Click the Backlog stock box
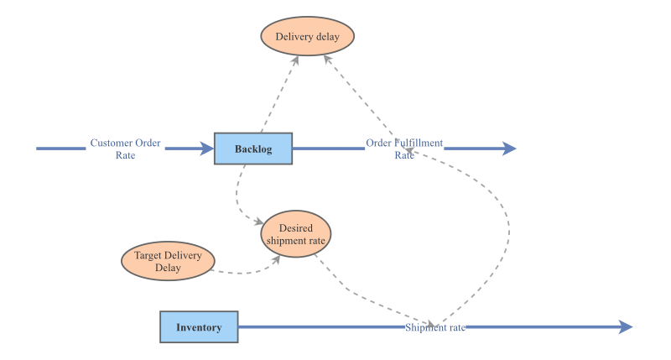253,149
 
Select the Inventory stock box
199,327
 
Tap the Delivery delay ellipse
307,36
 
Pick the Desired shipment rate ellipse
296,234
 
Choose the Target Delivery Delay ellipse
168,261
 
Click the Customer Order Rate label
125,149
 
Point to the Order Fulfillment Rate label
404,149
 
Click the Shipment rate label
434,327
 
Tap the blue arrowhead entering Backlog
207,149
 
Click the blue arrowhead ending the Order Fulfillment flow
509,149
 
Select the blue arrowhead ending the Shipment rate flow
626,327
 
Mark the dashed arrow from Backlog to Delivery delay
279,94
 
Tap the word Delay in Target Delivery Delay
168,268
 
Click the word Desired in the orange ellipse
296,227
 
